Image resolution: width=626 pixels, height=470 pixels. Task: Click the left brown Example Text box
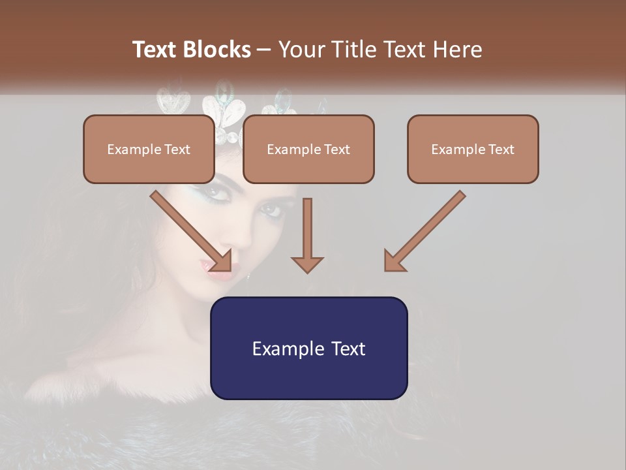point(149,149)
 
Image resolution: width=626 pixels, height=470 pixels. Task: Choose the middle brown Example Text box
point(308,149)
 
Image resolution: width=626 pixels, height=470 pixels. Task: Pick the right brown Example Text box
point(473,149)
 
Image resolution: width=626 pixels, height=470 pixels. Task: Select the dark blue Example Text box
point(308,349)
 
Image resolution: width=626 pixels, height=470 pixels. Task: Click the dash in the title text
point(264,50)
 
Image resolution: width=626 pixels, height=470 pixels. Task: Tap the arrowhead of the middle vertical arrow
point(307,264)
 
